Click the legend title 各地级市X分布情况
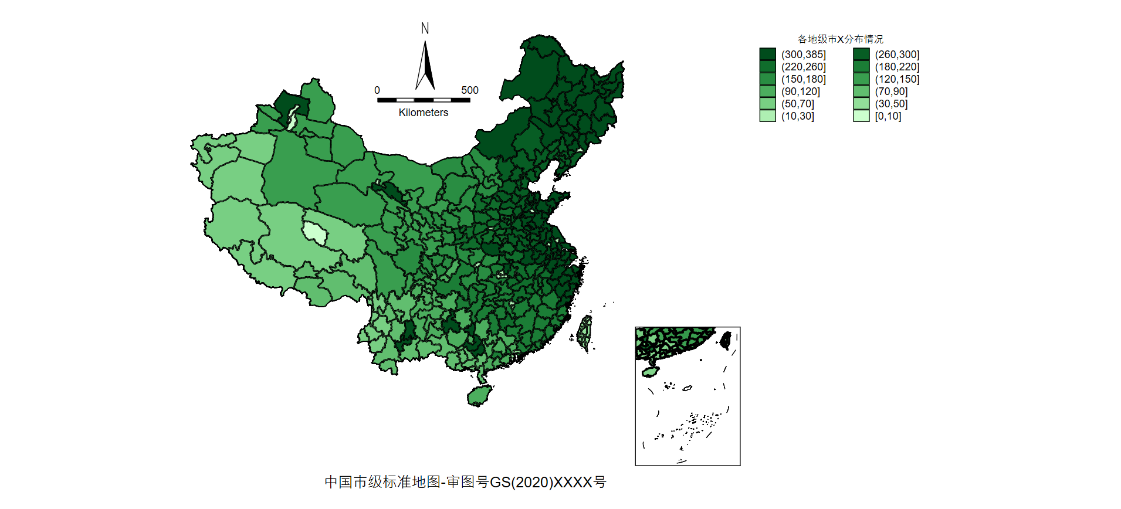(840, 39)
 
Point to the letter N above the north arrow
(425, 28)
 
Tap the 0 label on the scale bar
(377, 90)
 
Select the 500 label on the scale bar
(469, 90)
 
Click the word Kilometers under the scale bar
(423, 113)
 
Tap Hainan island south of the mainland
(479, 396)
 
